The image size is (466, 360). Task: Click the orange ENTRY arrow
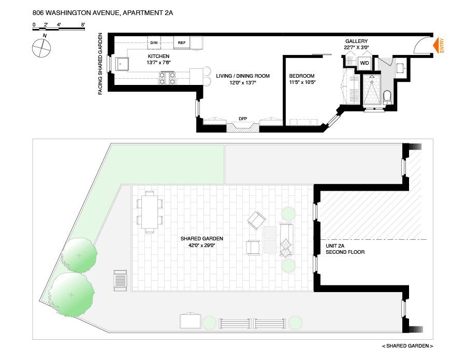[436, 45]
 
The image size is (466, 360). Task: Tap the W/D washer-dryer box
[365, 63]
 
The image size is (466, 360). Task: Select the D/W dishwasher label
[154, 42]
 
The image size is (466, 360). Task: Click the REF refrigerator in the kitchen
[182, 42]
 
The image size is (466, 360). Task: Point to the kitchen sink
[122, 64]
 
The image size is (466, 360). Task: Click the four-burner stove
[167, 78]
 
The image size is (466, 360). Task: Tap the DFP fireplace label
[242, 119]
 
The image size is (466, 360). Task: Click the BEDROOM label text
[302, 76]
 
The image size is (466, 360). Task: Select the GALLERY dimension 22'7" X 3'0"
[357, 48]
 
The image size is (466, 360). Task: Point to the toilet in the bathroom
[387, 97]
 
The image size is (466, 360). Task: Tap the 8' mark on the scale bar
[83, 24]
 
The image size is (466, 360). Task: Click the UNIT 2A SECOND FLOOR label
[345, 249]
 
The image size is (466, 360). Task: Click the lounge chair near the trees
[120, 281]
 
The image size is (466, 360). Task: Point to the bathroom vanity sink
[400, 68]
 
